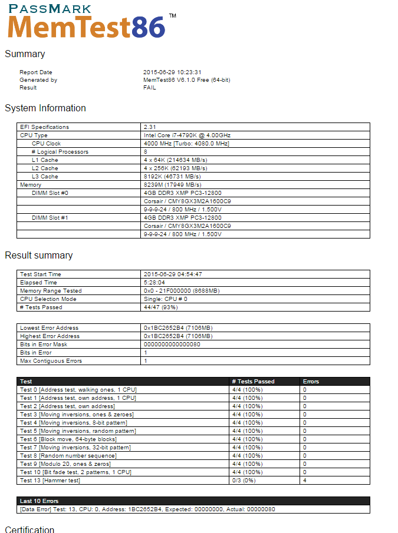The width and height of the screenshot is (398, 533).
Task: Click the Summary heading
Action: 25,54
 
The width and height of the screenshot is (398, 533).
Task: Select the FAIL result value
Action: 150,88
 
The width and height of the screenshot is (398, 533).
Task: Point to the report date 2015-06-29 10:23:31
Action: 172,72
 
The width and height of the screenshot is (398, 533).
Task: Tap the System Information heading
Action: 45,108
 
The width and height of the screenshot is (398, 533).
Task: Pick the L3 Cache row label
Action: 45,177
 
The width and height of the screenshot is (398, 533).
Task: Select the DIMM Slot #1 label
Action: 50,218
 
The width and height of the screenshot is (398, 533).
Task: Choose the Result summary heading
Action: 39,256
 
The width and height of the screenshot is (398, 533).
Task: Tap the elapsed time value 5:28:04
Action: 156,283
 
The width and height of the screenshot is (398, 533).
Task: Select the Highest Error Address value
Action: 178,336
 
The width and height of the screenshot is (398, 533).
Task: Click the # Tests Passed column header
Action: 254,382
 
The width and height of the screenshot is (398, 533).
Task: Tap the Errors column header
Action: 311,382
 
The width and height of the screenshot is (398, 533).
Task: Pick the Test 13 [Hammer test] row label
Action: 50,481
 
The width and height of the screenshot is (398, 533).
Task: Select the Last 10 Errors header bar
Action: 194,501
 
